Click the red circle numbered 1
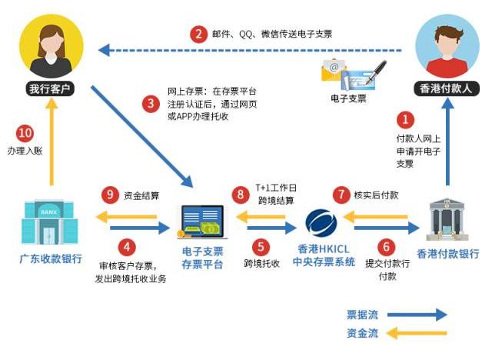[404, 120]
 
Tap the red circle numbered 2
[199, 34]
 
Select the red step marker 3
[151, 102]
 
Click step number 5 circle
[262, 248]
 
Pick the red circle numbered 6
[387, 248]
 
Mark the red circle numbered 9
[110, 195]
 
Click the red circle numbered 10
[25, 132]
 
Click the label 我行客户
[49, 88]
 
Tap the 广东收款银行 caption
[52, 258]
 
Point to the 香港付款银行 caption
[448, 254]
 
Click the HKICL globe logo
[321, 222]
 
